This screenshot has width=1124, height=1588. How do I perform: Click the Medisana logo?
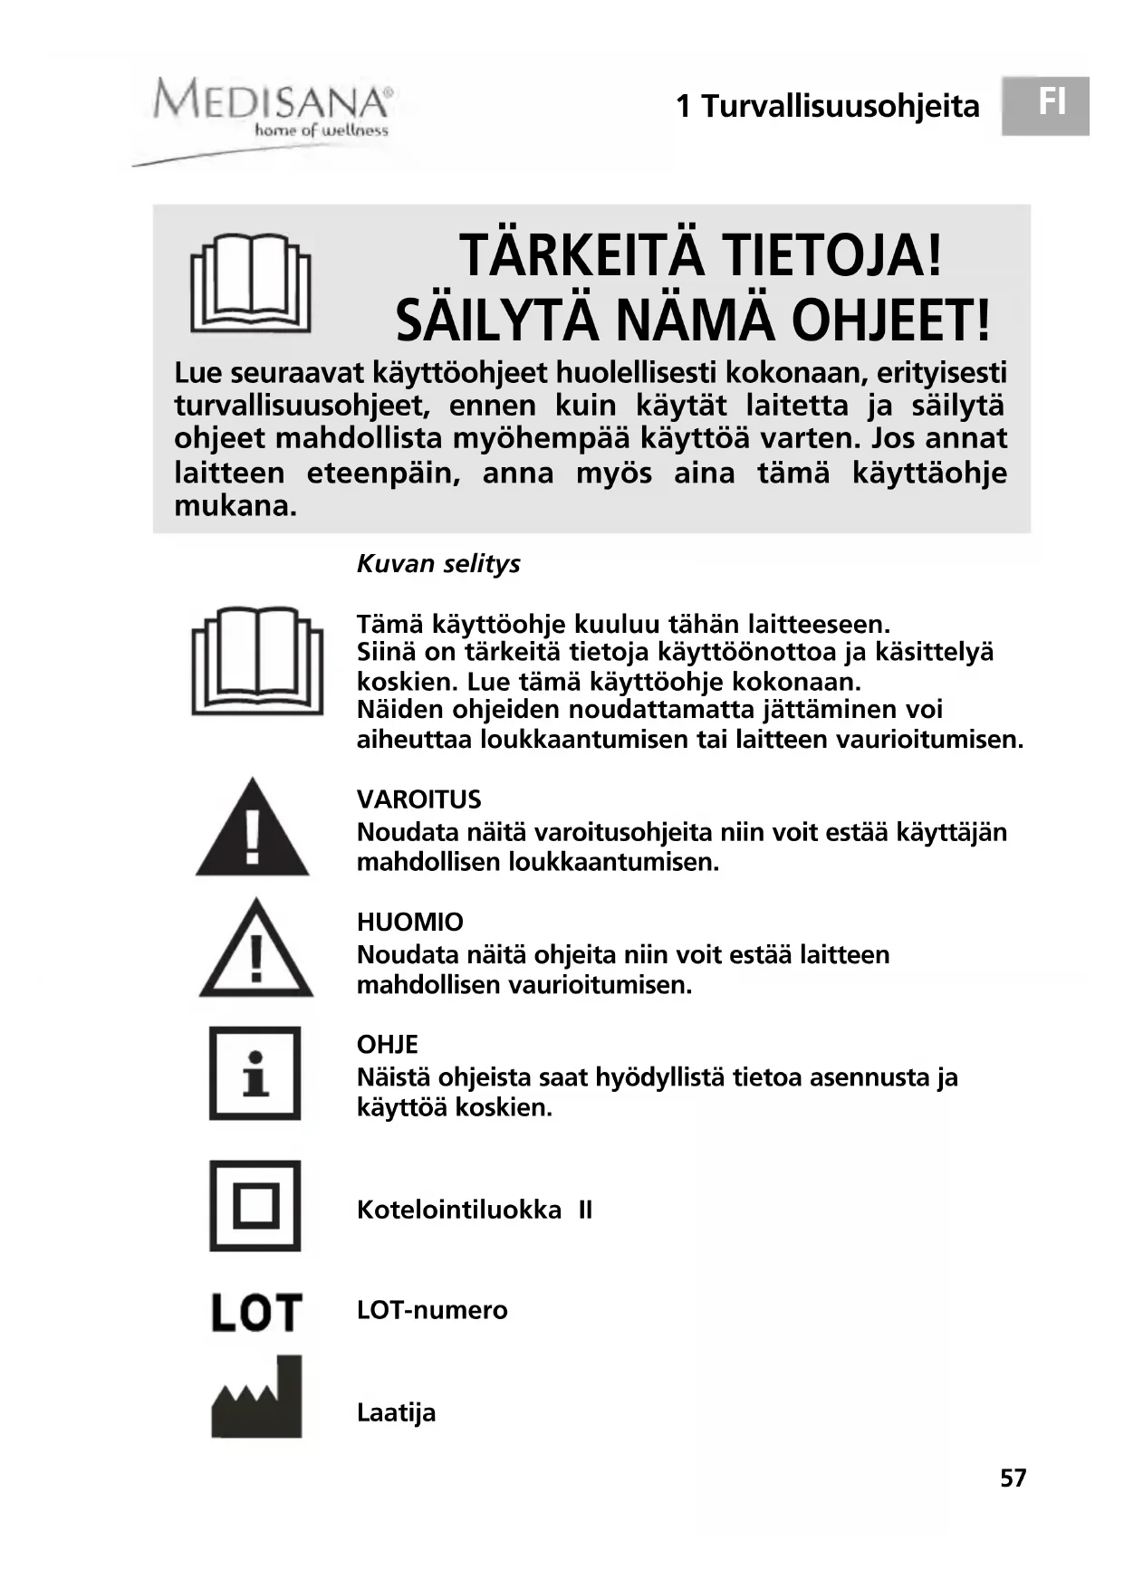coord(271,110)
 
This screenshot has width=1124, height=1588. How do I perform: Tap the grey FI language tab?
coord(1045,105)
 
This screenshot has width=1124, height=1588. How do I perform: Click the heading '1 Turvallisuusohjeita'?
coord(827,107)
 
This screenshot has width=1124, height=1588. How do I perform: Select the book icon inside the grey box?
coord(251,284)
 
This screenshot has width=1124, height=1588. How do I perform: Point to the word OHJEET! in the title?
coord(891,320)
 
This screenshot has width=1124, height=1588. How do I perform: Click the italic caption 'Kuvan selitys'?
coord(438,564)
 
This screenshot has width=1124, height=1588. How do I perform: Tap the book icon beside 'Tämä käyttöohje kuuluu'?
coord(257,661)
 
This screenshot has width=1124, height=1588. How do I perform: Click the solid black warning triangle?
coord(253,829)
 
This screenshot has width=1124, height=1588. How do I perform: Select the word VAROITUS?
coord(418,799)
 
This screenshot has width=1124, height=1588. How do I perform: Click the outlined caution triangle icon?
coord(255,950)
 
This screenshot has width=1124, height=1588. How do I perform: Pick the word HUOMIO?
coord(409,922)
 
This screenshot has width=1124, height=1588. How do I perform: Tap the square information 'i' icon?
coord(255,1073)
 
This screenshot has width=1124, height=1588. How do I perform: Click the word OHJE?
coord(388,1045)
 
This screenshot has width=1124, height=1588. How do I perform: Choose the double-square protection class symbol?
coord(255,1206)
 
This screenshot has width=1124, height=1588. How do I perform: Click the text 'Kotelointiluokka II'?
coord(474,1210)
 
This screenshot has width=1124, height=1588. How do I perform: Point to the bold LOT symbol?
coord(255,1312)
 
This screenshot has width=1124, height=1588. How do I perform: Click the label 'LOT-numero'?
coord(432,1310)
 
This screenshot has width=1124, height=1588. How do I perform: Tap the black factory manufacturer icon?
coord(256,1398)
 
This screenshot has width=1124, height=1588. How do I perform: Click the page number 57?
coord(1013,1478)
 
